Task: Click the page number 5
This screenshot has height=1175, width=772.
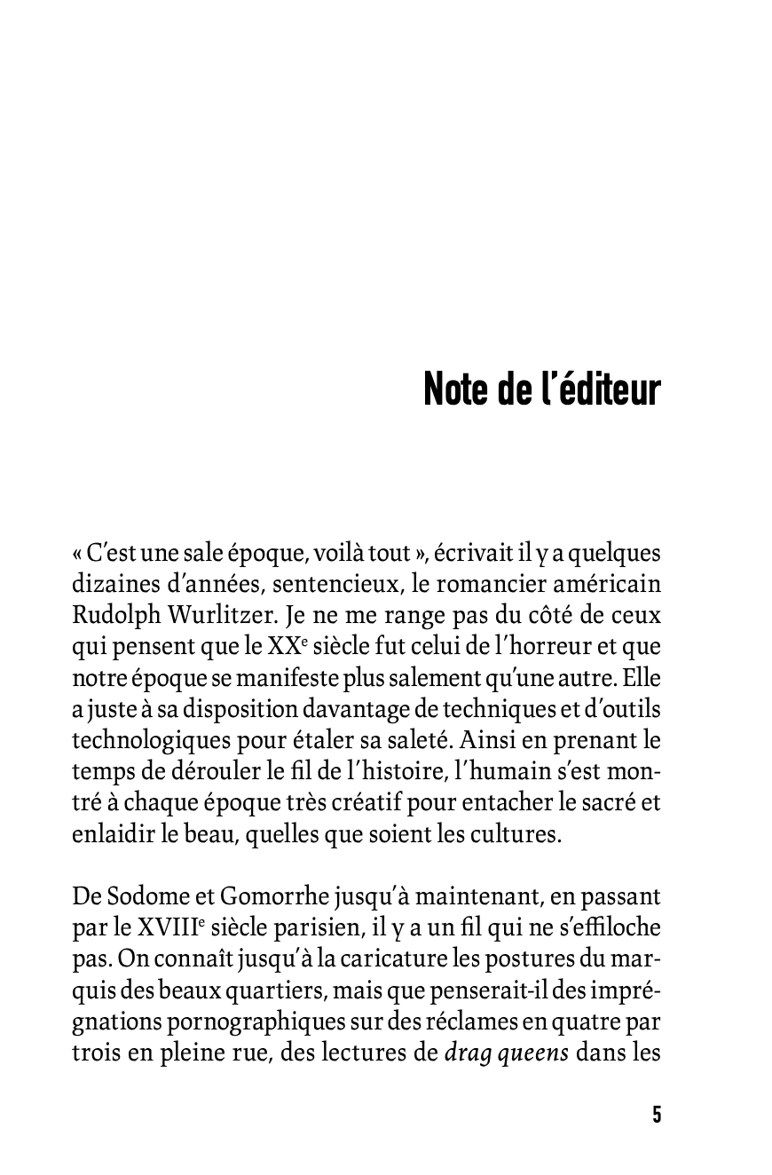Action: tap(657, 1116)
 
